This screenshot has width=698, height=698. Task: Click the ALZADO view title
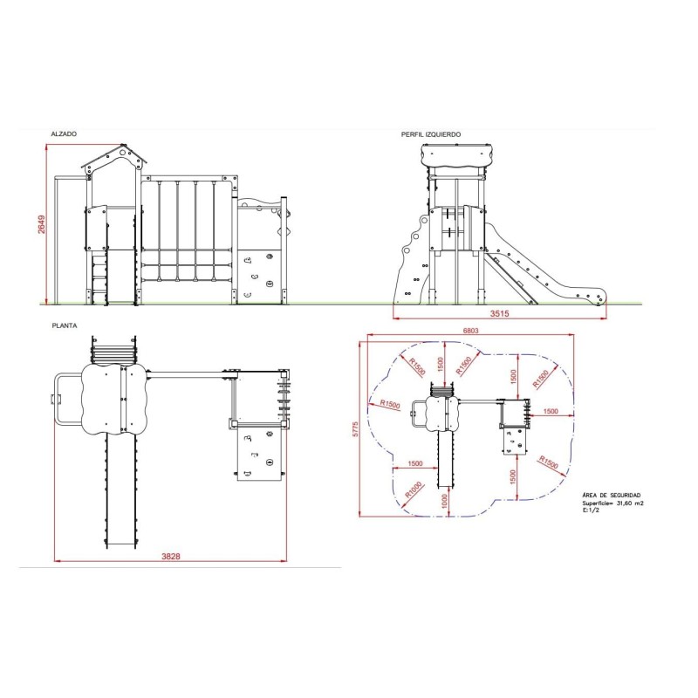64,134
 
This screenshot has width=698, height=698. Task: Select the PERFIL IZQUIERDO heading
430,134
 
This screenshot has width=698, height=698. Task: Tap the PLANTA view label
65,325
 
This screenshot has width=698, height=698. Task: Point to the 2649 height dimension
41,224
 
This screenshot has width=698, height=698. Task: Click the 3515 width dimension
499,313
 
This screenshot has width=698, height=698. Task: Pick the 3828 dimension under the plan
170,556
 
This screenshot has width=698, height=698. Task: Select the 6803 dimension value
470,331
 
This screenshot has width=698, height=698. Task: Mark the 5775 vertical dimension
355,429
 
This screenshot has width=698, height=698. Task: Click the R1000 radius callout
414,490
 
